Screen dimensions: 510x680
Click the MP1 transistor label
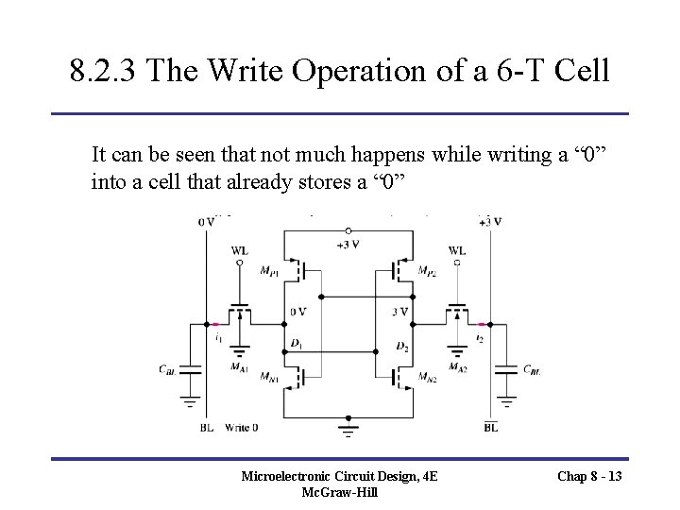coord(269,270)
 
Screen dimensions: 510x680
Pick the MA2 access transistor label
coord(457,366)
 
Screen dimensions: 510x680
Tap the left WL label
coord(241,251)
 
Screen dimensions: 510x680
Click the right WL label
coord(457,251)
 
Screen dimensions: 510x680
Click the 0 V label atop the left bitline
coord(206,222)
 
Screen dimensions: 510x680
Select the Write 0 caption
coord(243,428)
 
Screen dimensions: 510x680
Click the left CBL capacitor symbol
coord(192,368)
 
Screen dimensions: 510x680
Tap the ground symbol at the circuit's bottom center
coord(349,430)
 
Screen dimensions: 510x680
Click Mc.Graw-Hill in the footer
coord(339,494)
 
